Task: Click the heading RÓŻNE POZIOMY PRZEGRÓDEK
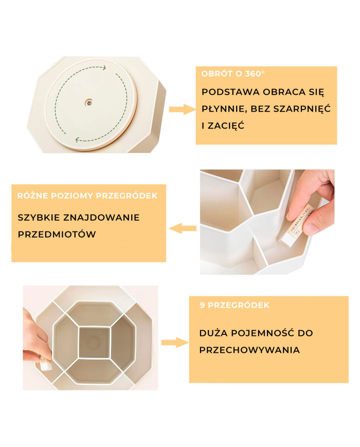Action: click(x=87, y=196)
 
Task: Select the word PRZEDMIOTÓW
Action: click(x=57, y=234)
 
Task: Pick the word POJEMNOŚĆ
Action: click(x=263, y=333)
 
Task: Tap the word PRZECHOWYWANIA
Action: click(x=249, y=350)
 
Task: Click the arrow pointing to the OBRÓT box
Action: click(x=182, y=109)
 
